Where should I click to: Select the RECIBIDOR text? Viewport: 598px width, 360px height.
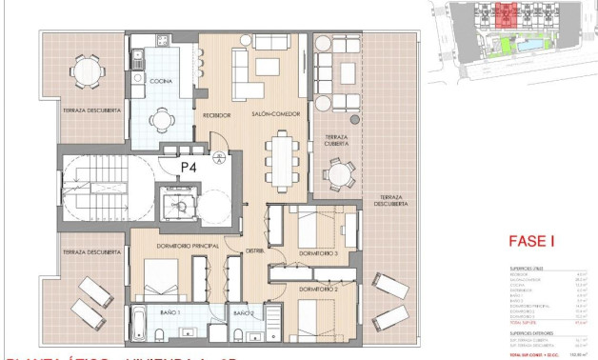point(218,114)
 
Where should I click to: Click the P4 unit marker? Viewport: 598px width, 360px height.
point(189,167)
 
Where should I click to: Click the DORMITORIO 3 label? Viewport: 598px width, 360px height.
point(319,254)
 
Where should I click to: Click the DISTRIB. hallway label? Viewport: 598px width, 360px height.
point(254,251)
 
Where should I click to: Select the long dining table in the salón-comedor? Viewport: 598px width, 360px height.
point(282,157)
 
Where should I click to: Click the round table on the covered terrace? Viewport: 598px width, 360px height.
point(337,174)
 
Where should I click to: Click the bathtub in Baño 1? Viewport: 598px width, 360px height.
point(137,323)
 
